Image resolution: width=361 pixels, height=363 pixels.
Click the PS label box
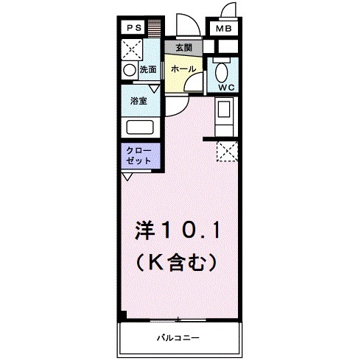coord(133,28)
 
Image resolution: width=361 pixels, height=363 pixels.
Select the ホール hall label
coord(183,68)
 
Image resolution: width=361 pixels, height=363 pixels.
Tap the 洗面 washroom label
coord(147,70)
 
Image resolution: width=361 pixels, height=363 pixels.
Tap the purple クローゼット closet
coord(140,155)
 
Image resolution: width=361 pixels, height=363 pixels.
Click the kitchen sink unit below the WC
coord(224,113)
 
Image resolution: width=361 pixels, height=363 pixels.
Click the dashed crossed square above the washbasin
coord(131,49)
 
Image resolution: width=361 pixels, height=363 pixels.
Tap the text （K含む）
coord(175,260)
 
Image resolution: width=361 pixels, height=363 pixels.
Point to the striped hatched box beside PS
coord(153,28)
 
